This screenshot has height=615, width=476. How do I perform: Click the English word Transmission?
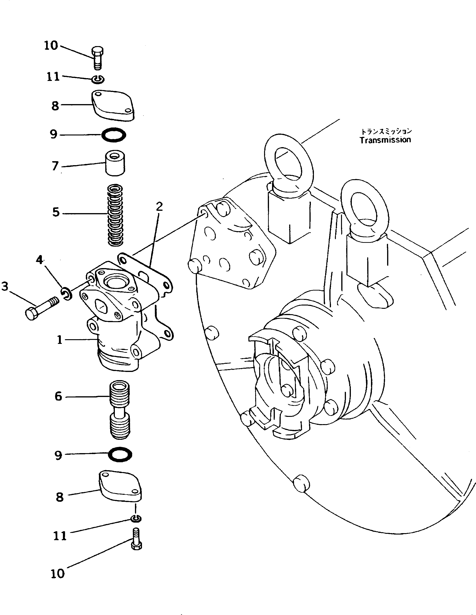[x=385, y=140]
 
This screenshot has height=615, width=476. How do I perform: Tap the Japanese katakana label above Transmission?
[x=386, y=131]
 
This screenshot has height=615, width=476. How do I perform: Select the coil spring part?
[x=115, y=215]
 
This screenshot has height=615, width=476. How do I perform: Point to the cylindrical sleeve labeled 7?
[x=115, y=163]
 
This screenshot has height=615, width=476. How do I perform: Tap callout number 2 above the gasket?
[x=159, y=207]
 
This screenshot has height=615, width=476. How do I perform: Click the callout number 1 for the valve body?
[x=59, y=340]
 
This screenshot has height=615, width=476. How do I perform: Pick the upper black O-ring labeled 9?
[x=114, y=135]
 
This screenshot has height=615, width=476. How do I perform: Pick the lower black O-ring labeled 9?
[x=120, y=455]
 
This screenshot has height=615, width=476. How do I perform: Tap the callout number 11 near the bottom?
[x=60, y=536]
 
